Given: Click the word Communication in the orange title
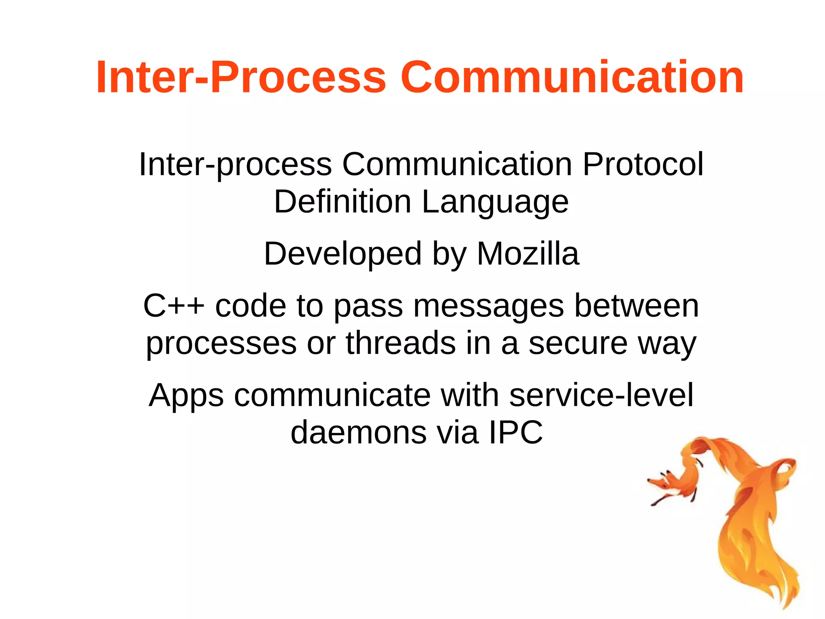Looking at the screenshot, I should (x=572, y=77).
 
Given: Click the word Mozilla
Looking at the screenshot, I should (x=528, y=254).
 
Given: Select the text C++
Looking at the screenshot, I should (x=174, y=306).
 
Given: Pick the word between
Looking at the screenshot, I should (x=636, y=306).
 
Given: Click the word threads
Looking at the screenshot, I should (x=401, y=343).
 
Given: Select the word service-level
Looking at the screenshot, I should (x=601, y=395).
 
